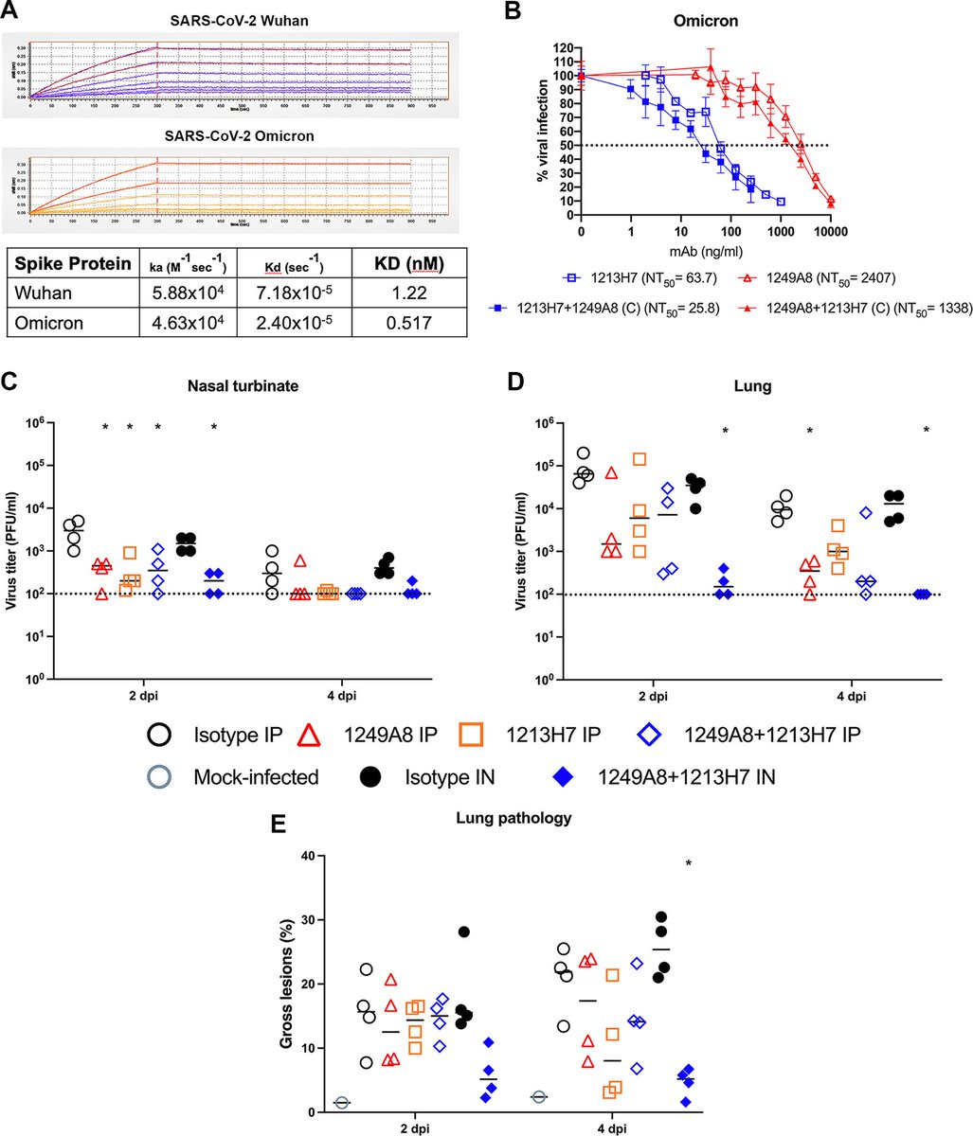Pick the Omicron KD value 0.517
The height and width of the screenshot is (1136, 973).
[x=401, y=323]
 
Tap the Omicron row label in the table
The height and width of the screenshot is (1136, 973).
[x=56, y=323]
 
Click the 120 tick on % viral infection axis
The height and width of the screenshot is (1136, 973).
[x=566, y=47]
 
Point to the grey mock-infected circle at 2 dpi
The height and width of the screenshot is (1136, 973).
[x=342, y=1102]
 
